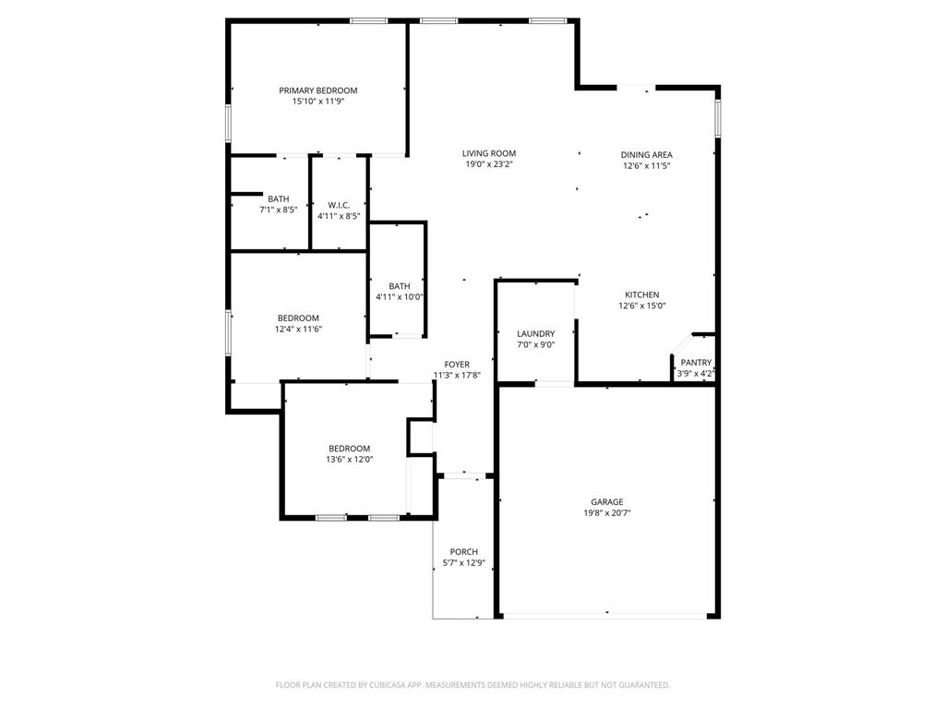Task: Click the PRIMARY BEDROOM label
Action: [x=318, y=90]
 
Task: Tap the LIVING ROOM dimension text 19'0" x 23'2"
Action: [x=489, y=164]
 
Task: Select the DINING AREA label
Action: [x=646, y=155]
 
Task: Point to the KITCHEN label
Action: [x=641, y=294]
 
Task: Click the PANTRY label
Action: [x=696, y=363]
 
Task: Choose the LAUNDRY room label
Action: [x=535, y=333]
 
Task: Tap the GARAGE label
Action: [x=607, y=502]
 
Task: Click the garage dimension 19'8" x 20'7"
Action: [x=607, y=513]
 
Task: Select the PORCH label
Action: [x=464, y=552]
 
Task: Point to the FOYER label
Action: [x=457, y=365]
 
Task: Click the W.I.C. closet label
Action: [x=339, y=205]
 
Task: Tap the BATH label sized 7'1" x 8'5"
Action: [x=278, y=198]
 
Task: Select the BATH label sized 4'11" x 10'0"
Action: [x=399, y=286]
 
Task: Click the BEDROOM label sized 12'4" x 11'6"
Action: [x=298, y=318]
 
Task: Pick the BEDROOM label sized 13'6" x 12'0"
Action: [x=349, y=449]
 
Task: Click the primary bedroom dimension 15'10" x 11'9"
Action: [x=318, y=102]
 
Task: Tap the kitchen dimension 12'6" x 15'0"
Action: [x=641, y=306]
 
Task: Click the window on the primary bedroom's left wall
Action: [x=229, y=123]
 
